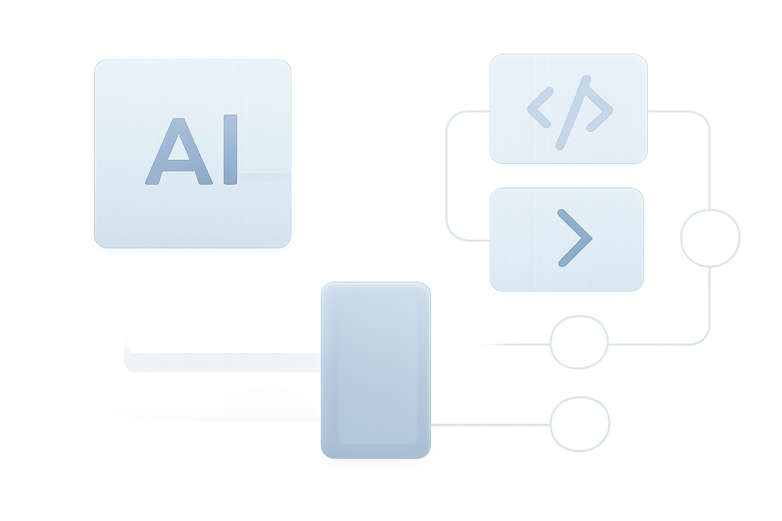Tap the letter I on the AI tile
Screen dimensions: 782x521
(x=231, y=150)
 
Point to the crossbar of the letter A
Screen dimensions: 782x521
(x=179, y=165)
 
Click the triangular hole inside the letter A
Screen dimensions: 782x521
(x=179, y=148)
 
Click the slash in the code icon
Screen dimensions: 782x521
(x=573, y=113)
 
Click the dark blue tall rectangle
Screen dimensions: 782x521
(x=376, y=370)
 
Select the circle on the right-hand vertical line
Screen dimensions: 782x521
(x=681, y=238)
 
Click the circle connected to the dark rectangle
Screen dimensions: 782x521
(x=551, y=424)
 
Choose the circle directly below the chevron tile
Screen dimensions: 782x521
(x=551, y=342)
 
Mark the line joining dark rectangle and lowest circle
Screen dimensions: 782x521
(x=490, y=425)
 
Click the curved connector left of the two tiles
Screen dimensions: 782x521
(x=446, y=176)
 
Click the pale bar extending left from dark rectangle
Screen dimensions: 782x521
(x=224, y=363)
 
